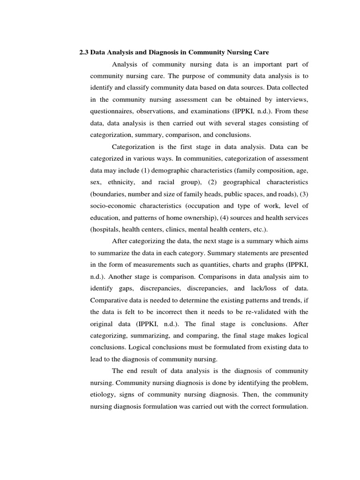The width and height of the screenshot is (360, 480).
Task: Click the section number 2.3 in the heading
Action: [x=84, y=52]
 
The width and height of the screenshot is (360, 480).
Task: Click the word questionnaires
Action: [x=112, y=112]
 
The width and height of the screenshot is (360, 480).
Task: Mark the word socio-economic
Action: [x=112, y=206]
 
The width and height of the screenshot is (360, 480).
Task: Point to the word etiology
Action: [x=103, y=395]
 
